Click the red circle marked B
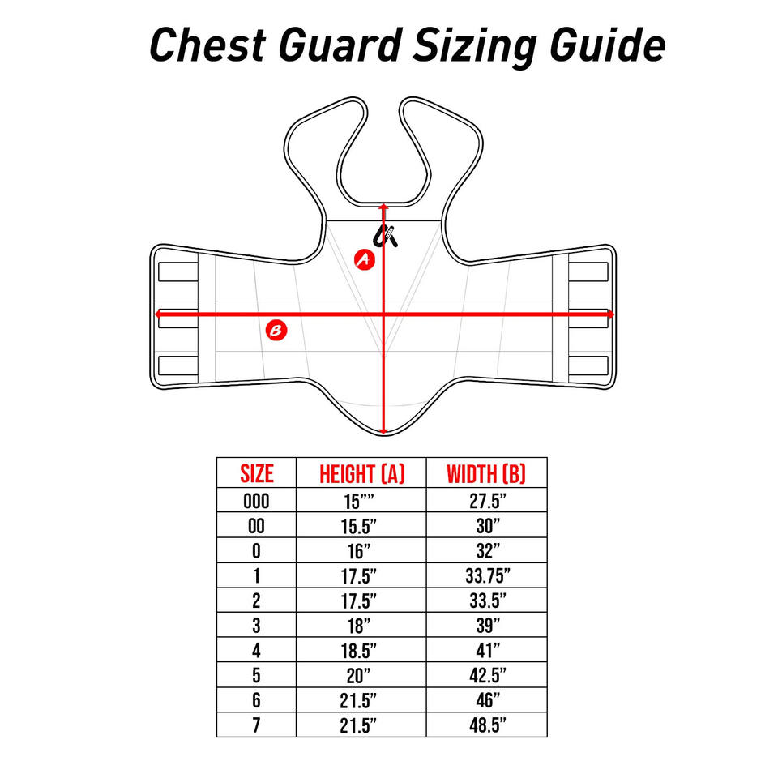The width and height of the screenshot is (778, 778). click(277, 330)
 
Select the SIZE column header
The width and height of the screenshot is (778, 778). click(256, 473)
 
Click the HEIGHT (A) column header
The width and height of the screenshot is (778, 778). click(361, 473)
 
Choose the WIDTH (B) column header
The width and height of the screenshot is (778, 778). click(486, 473)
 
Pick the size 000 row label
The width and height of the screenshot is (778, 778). click(256, 501)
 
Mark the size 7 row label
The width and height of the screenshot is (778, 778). click(256, 725)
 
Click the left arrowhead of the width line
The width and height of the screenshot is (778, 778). click(158, 314)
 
